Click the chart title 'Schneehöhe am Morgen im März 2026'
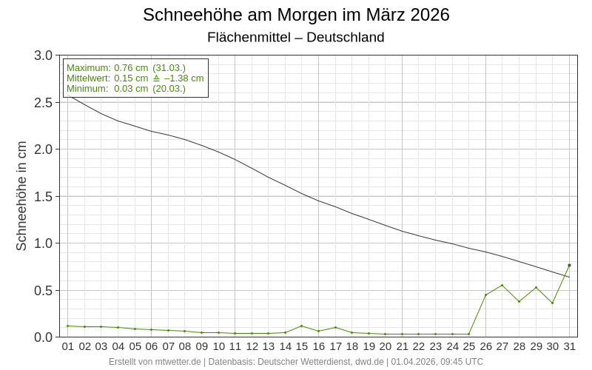296,15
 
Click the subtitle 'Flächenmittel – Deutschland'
296,37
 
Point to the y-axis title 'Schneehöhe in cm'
21,196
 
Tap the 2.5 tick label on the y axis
44,103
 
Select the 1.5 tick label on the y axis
44,197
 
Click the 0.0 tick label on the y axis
44,337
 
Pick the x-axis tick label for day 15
302,346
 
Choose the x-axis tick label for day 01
68,346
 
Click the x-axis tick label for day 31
570,346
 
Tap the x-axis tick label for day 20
386,346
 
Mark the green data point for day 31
569,265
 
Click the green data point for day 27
502,285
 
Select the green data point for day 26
485,295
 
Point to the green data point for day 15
302,326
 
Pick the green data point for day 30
552,303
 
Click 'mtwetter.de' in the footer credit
175,362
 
